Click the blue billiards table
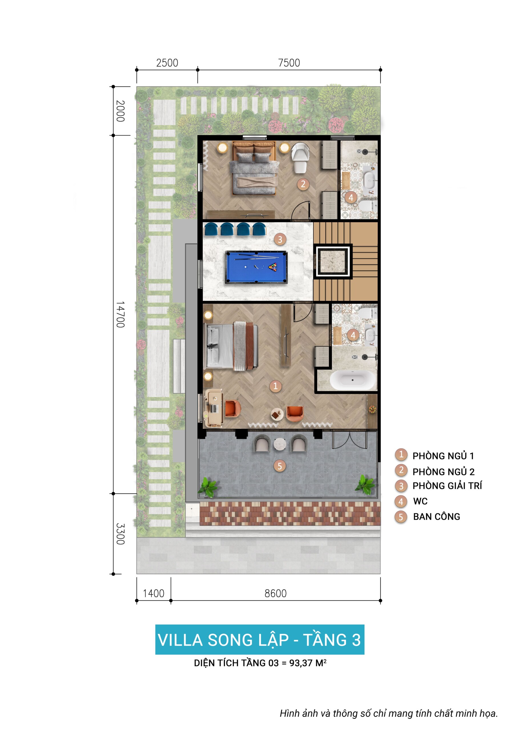[256, 267]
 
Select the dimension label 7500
[289, 63]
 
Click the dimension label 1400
[154, 593]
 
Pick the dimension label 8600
[276, 593]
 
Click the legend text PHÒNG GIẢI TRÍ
[447, 485]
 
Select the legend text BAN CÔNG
[436, 517]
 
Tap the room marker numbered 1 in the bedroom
[275, 386]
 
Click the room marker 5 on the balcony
[279, 466]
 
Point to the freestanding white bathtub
[352, 380]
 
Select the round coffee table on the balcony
[280, 443]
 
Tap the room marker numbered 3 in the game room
[280, 239]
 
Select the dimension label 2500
[167, 63]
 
